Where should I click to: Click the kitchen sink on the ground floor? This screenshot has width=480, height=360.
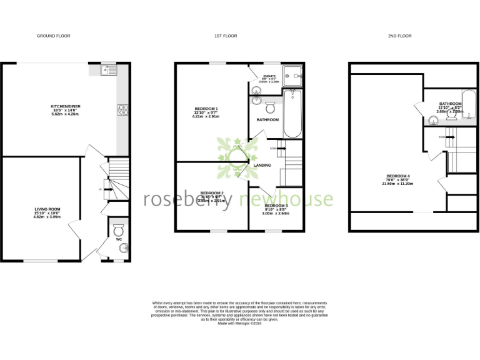point(104,71)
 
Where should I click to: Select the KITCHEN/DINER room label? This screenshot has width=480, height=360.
point(66,106)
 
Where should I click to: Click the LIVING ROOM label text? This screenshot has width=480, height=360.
point(47,209)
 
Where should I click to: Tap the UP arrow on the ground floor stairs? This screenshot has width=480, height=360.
point(102,189)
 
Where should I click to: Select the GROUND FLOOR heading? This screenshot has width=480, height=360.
point(54,36)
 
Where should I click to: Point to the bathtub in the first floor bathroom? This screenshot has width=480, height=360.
point(292,114)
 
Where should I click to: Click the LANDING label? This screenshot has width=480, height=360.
point(263,165)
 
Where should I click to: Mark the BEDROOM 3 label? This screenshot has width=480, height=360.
point(276,206)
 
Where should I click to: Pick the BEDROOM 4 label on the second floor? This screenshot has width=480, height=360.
point(398,176)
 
